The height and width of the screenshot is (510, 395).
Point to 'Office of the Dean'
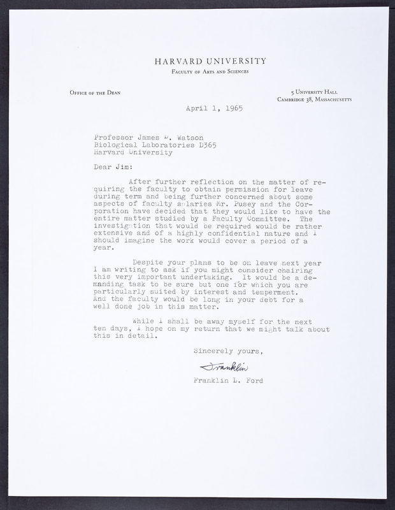click(95, 93)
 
